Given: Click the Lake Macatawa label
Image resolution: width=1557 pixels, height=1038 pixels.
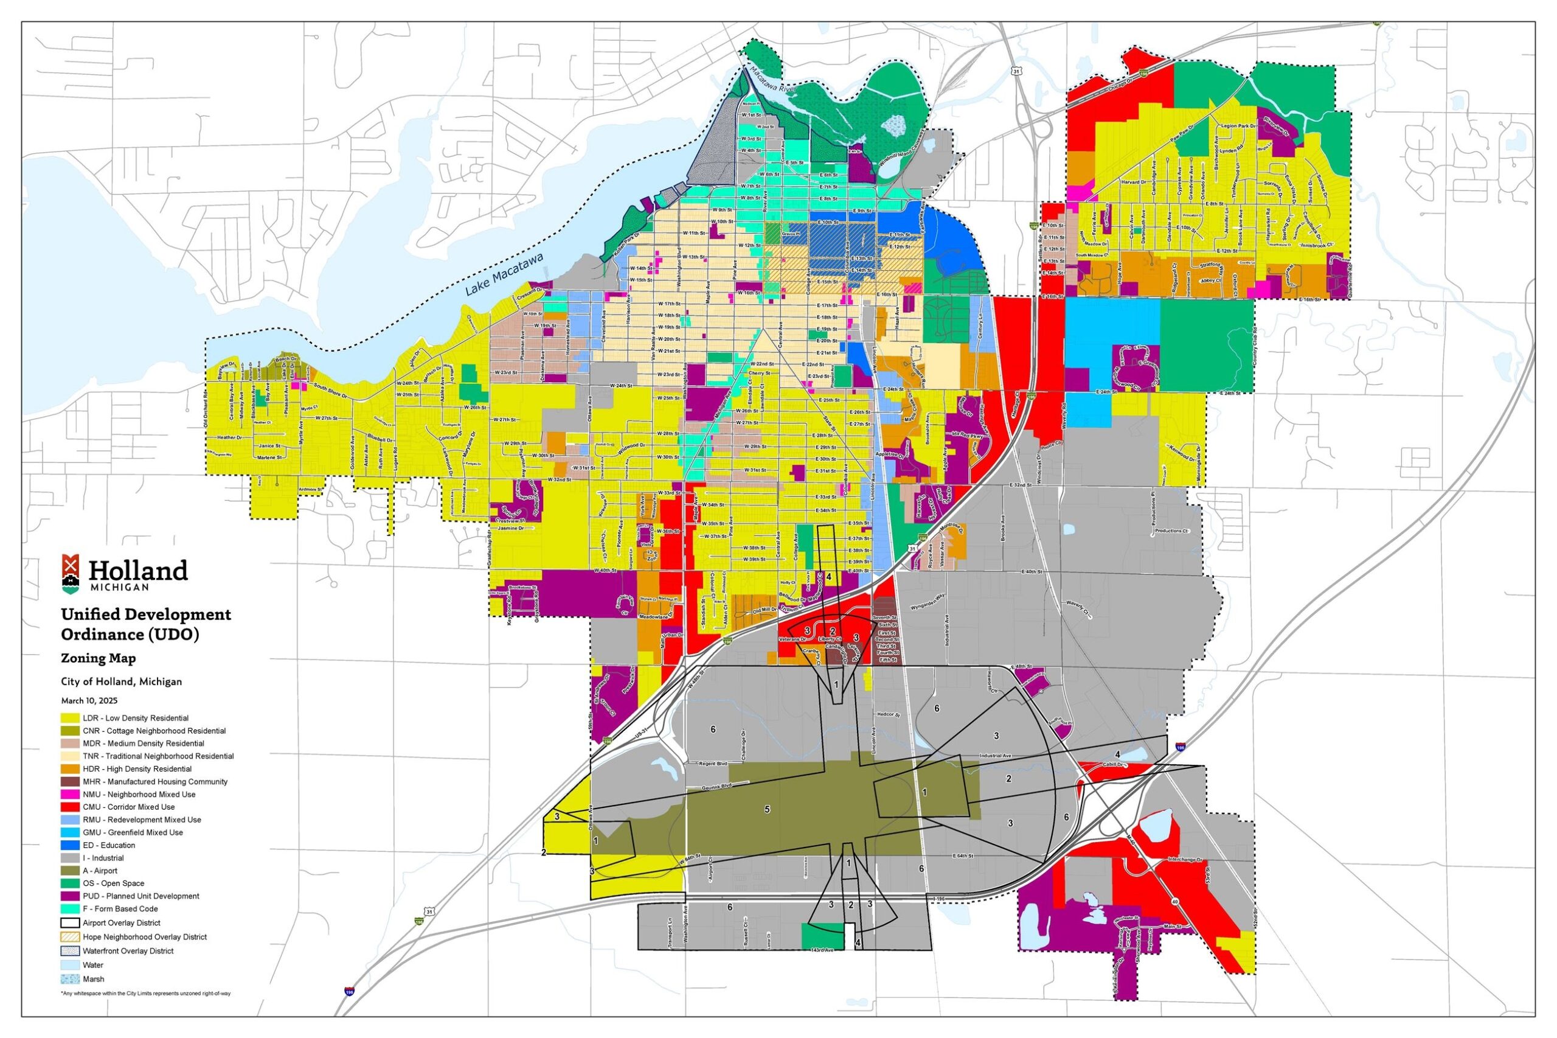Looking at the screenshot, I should pyautogui.click(x=504, y=274).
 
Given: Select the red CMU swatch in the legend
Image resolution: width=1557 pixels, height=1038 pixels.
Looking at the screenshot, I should pyautogui.click(x=70, y=807).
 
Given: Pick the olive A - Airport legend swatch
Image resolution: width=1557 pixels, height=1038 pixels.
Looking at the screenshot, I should pyautogui.click(x=70, y=871).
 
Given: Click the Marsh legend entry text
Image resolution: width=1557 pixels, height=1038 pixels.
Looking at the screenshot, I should pyautogui.click(x=93, y=979).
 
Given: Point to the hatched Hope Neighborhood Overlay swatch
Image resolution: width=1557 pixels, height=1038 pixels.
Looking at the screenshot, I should pyautogui.click(x=70, y=937).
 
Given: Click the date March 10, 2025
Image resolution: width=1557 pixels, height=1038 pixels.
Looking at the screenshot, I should pyautogui.click(x=89, y=700).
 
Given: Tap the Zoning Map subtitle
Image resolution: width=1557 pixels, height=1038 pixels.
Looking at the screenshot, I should pyautogui.click(x=98, y=658).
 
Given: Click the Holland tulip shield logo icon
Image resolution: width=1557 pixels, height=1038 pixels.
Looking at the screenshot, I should pyautogui.click(x=71, y=573).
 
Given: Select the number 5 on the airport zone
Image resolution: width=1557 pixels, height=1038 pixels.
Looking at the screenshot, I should pyautogui.click(x=767, y=810).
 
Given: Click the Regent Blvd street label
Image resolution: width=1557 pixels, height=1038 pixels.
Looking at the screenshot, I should pyautogui.click(x=713, y=763).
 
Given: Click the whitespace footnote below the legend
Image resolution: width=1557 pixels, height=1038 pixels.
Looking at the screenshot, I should pyautogui.click(x=145, y=994).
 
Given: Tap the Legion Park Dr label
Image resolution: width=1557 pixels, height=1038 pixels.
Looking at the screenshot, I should pyautogui.click(x=1233, y=125).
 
